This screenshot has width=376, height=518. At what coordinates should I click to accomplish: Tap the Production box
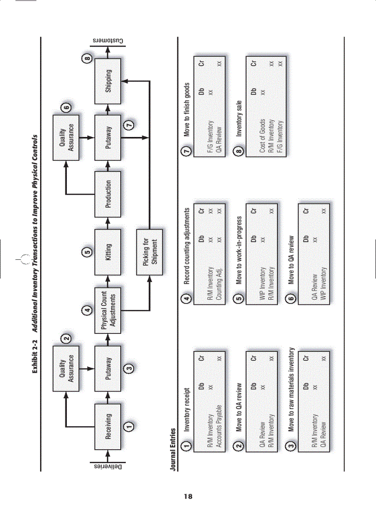click(108, 194)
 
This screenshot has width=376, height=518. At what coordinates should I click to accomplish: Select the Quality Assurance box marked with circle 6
click(67, 137)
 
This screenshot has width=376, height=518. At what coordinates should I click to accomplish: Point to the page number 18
click(188, 497)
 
